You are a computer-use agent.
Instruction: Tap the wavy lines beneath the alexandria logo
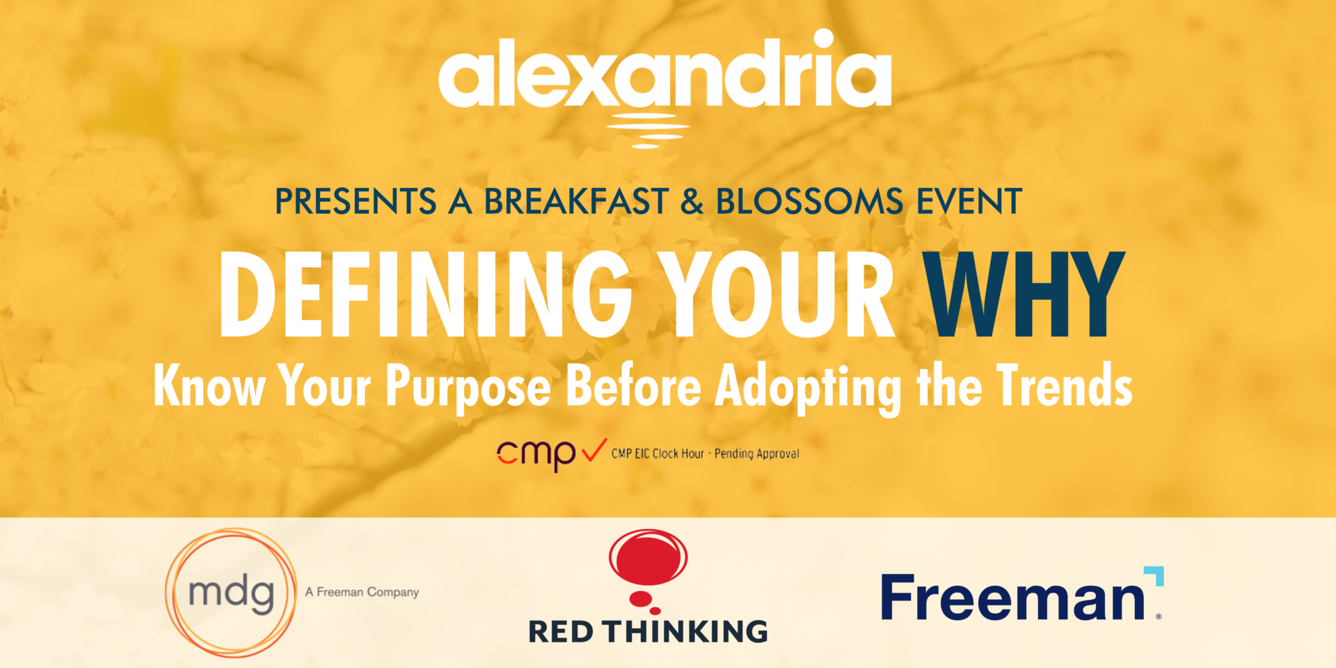coord(647,131)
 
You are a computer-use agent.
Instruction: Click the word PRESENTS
coord(356,202)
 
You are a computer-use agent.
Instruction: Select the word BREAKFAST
coord(576,202)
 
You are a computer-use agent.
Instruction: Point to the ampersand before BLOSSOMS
coord(692,202)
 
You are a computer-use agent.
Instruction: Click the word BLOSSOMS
coord(809,202)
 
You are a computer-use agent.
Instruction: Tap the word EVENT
coord(969,202)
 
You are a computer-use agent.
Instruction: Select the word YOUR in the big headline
coord(777,294)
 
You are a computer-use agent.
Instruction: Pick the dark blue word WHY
coord(1024,294)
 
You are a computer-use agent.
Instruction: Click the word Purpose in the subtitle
coord(468,387)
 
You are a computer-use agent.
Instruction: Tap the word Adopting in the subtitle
coord(808,387)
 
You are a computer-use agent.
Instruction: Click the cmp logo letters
coord(536,455)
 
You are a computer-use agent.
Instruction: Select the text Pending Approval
coord(757,454)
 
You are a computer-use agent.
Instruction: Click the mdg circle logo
coord(231,592)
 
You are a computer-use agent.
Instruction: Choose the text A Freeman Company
coord(362,592)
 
